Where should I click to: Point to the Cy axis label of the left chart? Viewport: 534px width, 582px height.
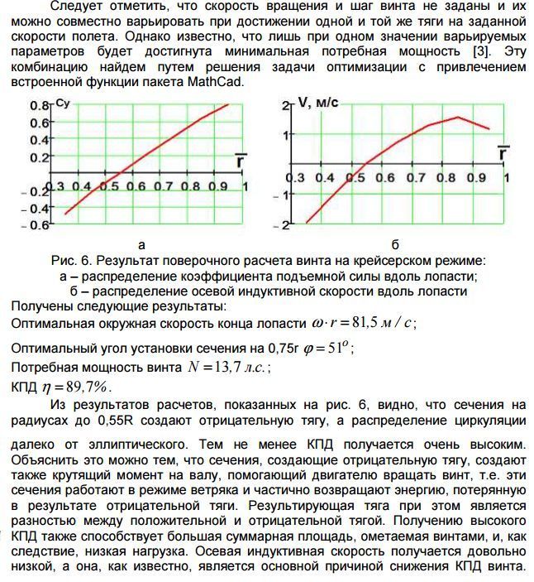tap(61, 103)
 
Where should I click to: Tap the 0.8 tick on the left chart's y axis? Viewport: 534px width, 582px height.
tap(40, 106)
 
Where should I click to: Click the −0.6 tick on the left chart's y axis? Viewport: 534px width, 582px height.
tap(37, 225)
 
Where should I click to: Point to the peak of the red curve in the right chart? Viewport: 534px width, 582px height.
tap(458, 117)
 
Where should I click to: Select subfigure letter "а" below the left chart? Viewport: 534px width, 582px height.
tap(141, 245)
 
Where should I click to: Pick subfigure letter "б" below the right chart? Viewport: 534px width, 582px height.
tap(395, 245)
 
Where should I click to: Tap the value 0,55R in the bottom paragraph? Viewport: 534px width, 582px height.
tap(128, 420)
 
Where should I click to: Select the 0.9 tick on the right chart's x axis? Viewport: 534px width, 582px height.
tap(475, 178)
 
